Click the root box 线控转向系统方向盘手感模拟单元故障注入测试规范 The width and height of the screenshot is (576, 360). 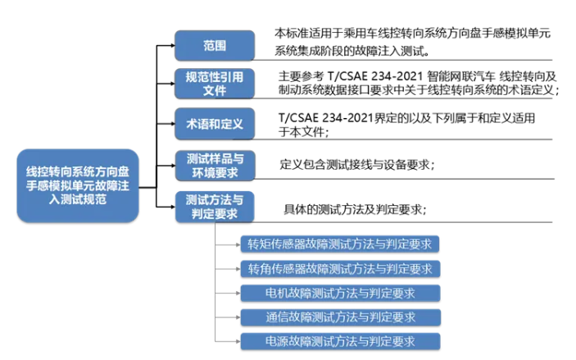click(78, 185)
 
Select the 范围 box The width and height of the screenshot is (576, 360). click(215, 46)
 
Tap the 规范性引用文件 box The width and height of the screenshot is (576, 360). click(215, 84)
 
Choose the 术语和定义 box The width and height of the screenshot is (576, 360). click(215, 124)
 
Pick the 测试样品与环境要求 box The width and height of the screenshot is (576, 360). click(215, 166)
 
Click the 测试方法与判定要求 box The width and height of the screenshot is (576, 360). click(215, 207)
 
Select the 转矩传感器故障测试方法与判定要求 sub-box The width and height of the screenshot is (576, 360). click(340, 244)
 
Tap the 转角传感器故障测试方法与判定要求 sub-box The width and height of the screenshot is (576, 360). click(340, 269)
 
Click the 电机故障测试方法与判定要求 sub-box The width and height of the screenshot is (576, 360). click(340, 293)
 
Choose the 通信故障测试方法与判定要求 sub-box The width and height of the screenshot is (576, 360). click(341, 317)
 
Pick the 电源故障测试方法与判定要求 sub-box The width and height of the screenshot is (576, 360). click(340, 341)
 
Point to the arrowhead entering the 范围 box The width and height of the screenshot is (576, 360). click(172, 46)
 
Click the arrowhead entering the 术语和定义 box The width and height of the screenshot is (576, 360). click(172, 124)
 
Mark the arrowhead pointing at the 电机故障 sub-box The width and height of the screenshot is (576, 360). click(238, 293)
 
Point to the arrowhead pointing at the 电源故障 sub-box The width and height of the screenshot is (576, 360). click(238, 341)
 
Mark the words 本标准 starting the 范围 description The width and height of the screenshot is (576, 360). click(292, 34)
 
